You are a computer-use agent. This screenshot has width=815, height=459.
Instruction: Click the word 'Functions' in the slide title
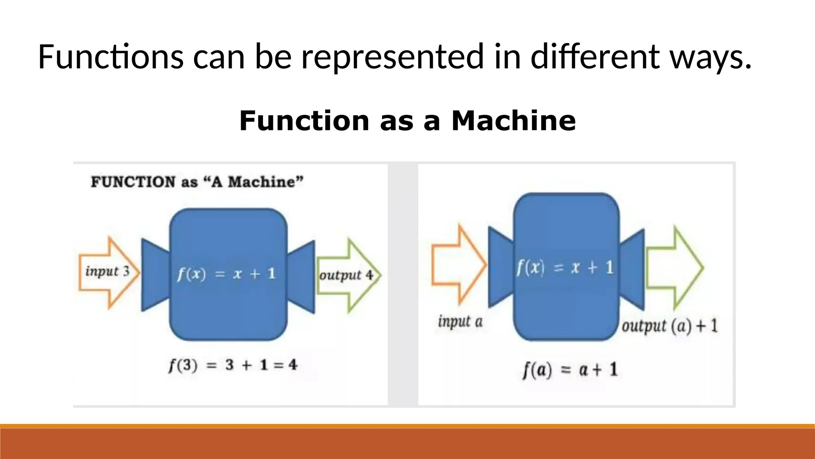111,57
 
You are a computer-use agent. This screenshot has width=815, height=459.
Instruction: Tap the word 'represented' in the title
392,57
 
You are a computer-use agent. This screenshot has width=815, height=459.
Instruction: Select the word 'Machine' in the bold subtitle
513,121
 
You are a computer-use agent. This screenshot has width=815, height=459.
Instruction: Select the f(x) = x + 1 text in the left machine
226,274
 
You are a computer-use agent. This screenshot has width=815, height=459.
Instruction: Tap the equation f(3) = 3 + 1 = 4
233,365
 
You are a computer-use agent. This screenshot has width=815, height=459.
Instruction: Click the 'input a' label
460,322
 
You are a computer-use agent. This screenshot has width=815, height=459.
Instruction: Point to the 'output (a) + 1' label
670,326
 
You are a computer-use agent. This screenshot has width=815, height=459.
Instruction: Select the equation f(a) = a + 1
570,370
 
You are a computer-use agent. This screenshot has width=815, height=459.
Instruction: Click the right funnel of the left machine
301,276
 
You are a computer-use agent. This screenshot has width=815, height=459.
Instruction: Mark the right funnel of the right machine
632,269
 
